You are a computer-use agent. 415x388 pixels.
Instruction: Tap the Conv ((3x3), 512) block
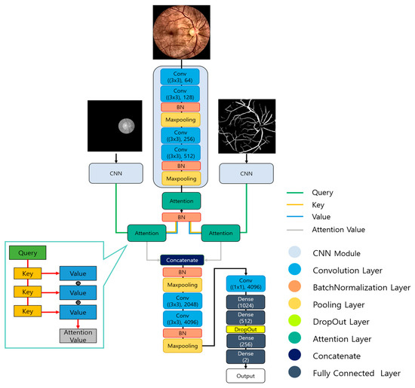click(181, 152)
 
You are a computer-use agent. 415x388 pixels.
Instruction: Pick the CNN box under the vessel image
click(246, 173)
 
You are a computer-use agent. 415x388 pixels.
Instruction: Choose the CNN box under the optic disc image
click(115, 173)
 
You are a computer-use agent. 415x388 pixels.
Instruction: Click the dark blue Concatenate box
click(181, 259)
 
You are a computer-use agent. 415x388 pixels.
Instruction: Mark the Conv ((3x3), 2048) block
click(181, 300)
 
